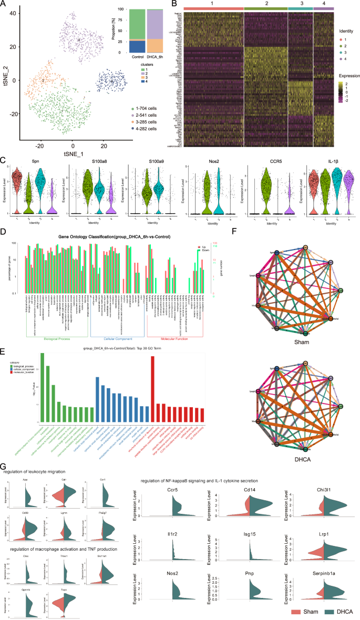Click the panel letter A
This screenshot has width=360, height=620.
(4, 4)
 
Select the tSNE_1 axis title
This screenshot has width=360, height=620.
(73, 152)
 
